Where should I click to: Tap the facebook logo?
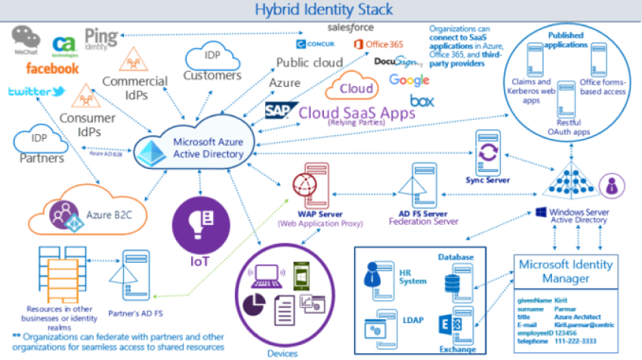point(52,69)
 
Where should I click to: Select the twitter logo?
point(35,92)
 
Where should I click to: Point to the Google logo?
point(409,80)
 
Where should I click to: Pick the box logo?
point(421,100)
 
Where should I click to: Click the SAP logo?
point(279,111)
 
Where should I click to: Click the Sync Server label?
point(488,180)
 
